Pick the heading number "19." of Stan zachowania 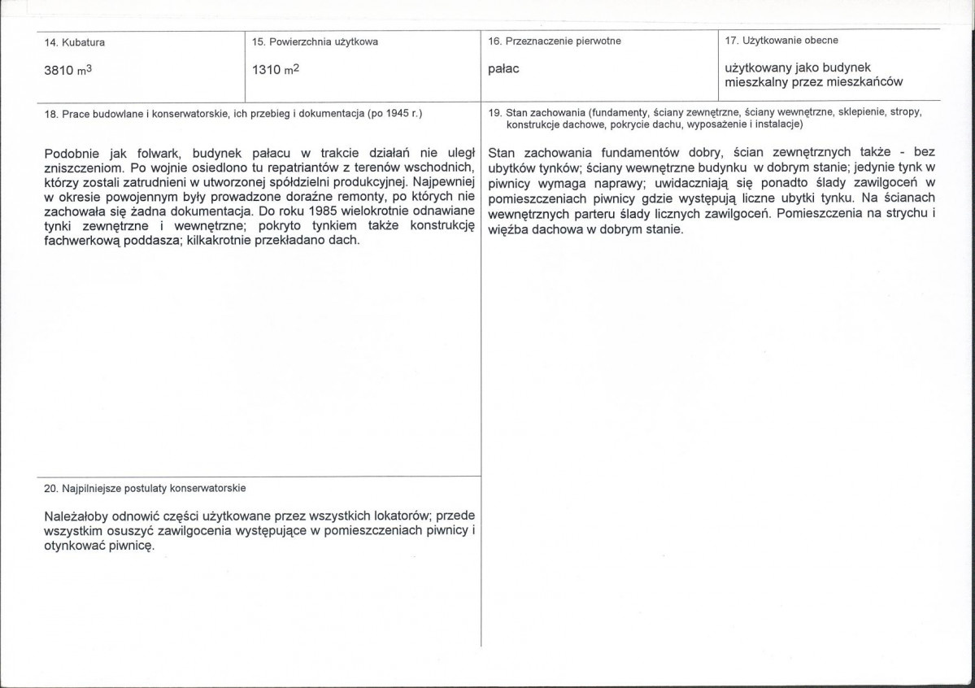tap(494, 112)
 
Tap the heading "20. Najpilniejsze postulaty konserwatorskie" tap(146, 488)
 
